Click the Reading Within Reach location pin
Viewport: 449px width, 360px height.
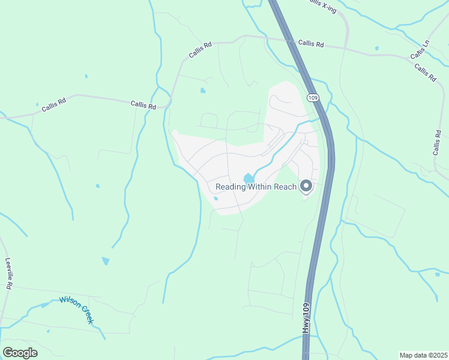[x=306, y=187]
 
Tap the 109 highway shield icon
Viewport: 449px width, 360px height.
[x=312, y=97]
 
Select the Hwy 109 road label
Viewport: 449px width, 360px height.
[x=306, y=318]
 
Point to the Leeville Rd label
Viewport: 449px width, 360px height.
[x=8, y=274]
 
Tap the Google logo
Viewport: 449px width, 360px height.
[x=20, y=352]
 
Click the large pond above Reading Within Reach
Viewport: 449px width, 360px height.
[x=248, y=178]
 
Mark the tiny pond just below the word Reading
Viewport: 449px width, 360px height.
[x=215, y=198]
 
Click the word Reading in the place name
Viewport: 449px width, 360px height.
[x=230, y=187]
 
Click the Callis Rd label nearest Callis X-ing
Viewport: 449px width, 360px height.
[x=311, y=44]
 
